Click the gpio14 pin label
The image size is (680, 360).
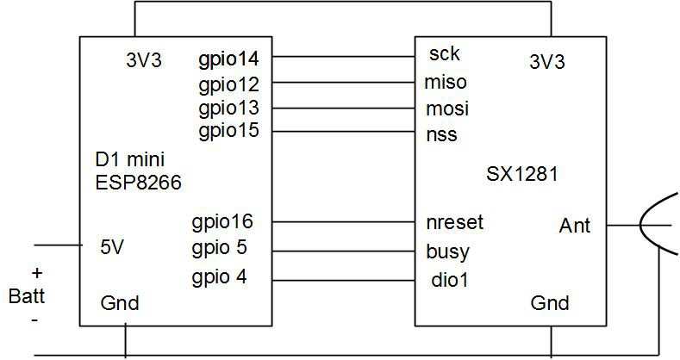click(228, 60)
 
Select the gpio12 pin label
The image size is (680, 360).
click(228, 84)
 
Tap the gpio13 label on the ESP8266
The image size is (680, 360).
click(228, 109)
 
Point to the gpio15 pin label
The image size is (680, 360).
click(228, 132)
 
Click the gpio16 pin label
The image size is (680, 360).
click(222, 223)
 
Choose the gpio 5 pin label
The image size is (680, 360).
click(219, 249)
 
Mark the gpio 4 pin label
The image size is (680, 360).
click(219, 278)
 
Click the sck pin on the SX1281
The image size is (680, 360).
click(444, 54)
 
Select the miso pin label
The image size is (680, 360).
click(446, 83)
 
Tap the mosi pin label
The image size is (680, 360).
click(447, 109)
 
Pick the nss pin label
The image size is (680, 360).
click(442, 134)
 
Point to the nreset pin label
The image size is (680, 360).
click(455, 222)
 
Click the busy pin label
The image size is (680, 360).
click(448, 252)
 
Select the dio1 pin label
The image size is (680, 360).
click(448, 279)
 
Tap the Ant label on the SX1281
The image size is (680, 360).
click(575, 226)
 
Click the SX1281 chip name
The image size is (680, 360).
click(522, 174)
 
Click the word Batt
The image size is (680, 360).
click(27, 297)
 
